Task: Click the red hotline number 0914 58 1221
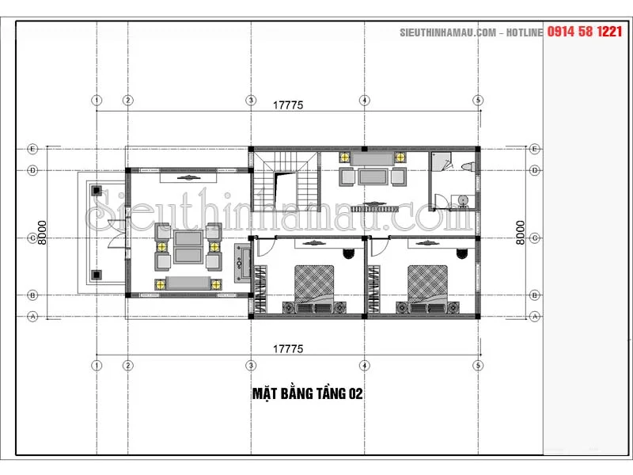[585, 32]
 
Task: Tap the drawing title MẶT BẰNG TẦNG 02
[308, 393]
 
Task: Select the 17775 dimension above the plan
[288, 105]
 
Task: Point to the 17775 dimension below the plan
[288, 348]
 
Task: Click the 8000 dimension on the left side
[42, 233]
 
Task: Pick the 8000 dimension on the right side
[521, 233]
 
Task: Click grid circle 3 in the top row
[251, 101]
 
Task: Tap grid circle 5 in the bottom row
[478, 366]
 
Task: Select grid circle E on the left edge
[32, 149]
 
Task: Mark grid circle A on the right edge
[535, 317]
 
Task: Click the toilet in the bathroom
[468, 166]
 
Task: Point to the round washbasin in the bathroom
[464, 200]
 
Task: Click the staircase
[286, 181]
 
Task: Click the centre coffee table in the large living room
[188, 247]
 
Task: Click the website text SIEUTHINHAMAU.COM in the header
[448, 32]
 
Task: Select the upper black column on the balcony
[96, 190]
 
